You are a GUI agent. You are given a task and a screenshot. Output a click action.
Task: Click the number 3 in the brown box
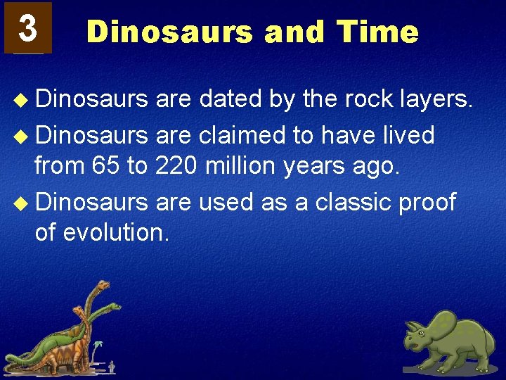point(27,28)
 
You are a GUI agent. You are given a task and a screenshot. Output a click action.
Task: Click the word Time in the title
point(377,32)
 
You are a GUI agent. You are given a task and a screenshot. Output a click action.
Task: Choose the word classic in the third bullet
point(354,201)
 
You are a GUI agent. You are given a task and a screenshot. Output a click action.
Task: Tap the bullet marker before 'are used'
point(25,202)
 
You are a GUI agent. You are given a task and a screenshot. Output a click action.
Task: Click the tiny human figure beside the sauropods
point(112,367)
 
